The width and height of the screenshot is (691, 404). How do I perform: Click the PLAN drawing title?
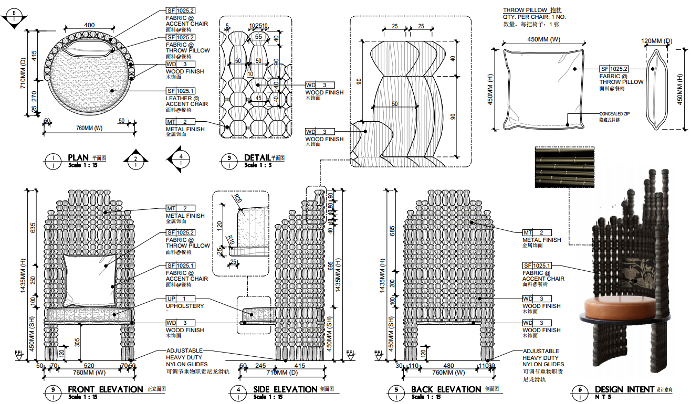78,158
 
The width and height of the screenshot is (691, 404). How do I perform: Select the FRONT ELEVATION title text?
105,389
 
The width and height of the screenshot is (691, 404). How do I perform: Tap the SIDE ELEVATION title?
285,389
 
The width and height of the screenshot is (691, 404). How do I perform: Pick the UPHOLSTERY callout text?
185,306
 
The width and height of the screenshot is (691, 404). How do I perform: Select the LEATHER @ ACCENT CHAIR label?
187,101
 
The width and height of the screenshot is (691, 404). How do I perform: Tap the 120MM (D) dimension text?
656,41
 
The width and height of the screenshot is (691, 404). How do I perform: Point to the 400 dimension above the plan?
89,25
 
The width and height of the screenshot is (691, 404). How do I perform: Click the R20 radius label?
238,199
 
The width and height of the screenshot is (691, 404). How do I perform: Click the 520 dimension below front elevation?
89,366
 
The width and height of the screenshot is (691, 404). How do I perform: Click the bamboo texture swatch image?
564,167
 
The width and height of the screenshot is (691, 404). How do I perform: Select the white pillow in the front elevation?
89,281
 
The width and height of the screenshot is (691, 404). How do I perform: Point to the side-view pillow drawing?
656,89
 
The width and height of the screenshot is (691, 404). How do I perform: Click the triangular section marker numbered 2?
135,159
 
